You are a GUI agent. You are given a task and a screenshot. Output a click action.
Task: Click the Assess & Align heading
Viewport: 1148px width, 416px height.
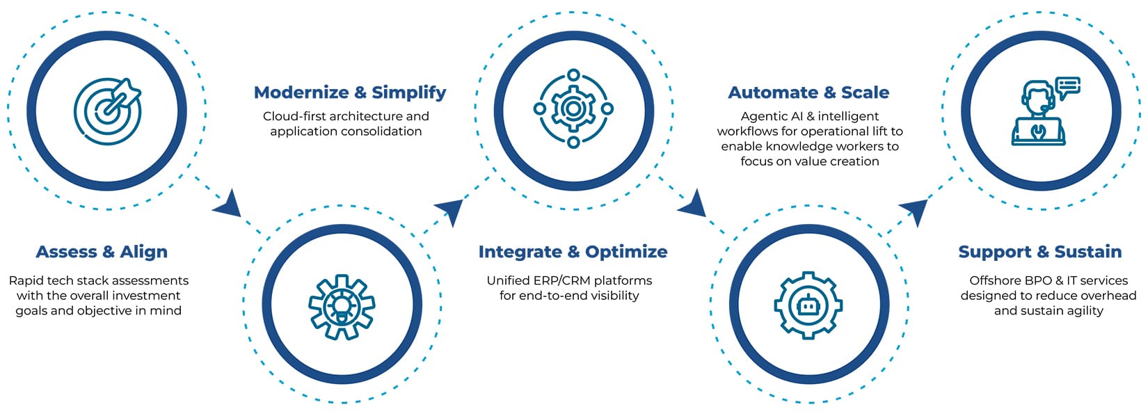point(102,252)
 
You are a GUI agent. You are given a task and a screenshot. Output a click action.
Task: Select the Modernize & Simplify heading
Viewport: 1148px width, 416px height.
point(350,93)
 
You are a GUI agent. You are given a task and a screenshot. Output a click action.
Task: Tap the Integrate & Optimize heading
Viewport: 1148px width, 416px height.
point(573,252)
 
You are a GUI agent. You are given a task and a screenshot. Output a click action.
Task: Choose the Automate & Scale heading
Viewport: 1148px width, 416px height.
point(808,93)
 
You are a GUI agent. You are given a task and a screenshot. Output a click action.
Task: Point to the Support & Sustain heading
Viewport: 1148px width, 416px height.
point(1040,252)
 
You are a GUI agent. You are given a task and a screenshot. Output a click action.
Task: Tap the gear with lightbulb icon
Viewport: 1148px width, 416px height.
point(342,306)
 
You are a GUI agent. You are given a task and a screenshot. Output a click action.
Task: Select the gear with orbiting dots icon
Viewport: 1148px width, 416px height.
point(573,109)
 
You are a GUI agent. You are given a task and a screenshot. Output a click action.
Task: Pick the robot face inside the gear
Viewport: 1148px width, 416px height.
point(808,306)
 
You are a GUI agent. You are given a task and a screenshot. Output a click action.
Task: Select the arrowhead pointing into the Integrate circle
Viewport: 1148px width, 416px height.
point(449,211)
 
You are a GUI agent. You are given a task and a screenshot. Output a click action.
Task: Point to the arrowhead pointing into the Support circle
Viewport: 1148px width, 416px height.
point(914,211)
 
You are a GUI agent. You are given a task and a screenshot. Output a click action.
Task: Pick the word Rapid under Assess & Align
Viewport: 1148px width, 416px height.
point(26,281)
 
